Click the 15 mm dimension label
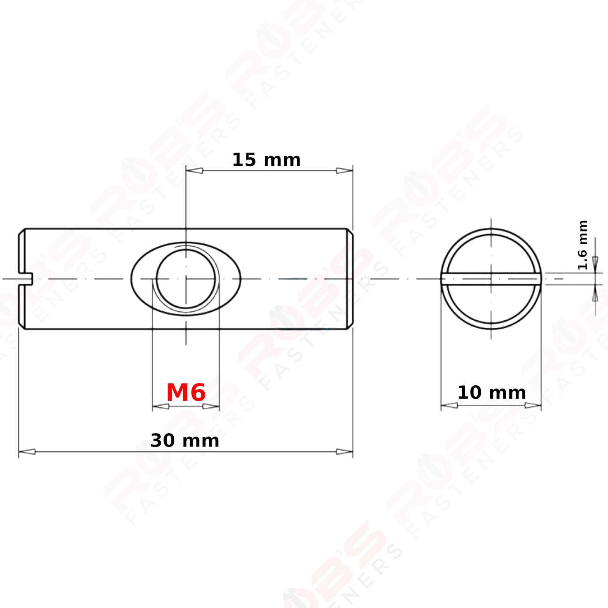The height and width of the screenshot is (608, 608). pyautogui.click(x=266, y=160)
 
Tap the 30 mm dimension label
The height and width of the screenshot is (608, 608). pyautogui.click(x=185, y=441)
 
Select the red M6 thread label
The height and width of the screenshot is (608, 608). pyautogui.click(x=186, y=392)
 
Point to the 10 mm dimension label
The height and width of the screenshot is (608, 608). pyautogui.click(x=491, y=393)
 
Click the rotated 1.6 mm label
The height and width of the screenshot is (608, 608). pyautogui.click(x=583, y=245)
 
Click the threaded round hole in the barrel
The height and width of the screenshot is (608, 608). pyautogui.click(x=186, y=279)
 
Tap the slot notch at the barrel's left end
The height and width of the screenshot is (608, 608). pyautogui.click(x=26, y=279)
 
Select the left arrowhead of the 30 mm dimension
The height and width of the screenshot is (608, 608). pyautogui.click(x=27, y=451)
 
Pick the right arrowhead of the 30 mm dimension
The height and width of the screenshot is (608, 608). pyautogui.click(x=344, y=451)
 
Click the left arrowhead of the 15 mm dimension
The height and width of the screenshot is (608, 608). pyautogui.click(x=194, y=171)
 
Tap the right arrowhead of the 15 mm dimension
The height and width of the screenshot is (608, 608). pyautogui.click(x=344, y=171)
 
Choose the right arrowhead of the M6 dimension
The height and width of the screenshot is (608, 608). pyautogui.click(x=211, y=407)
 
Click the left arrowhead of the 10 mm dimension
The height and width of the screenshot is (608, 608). pyautogui.click(x=449, y=405)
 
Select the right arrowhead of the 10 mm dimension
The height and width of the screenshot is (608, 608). pyautogui.click(x=533, y=405)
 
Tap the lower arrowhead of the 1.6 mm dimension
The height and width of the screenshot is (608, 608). pyautogui.click(x=595, y=295)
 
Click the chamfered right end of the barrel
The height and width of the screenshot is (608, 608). pyautogui.click(x=350, y=279)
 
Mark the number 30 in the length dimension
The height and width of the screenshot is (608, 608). pyautogui.click(x=163, y=441)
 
